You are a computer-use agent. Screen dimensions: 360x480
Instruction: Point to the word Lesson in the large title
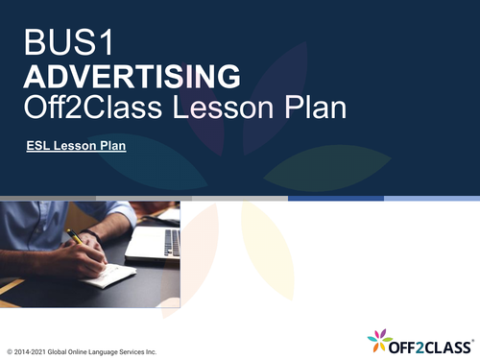point(224,108)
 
